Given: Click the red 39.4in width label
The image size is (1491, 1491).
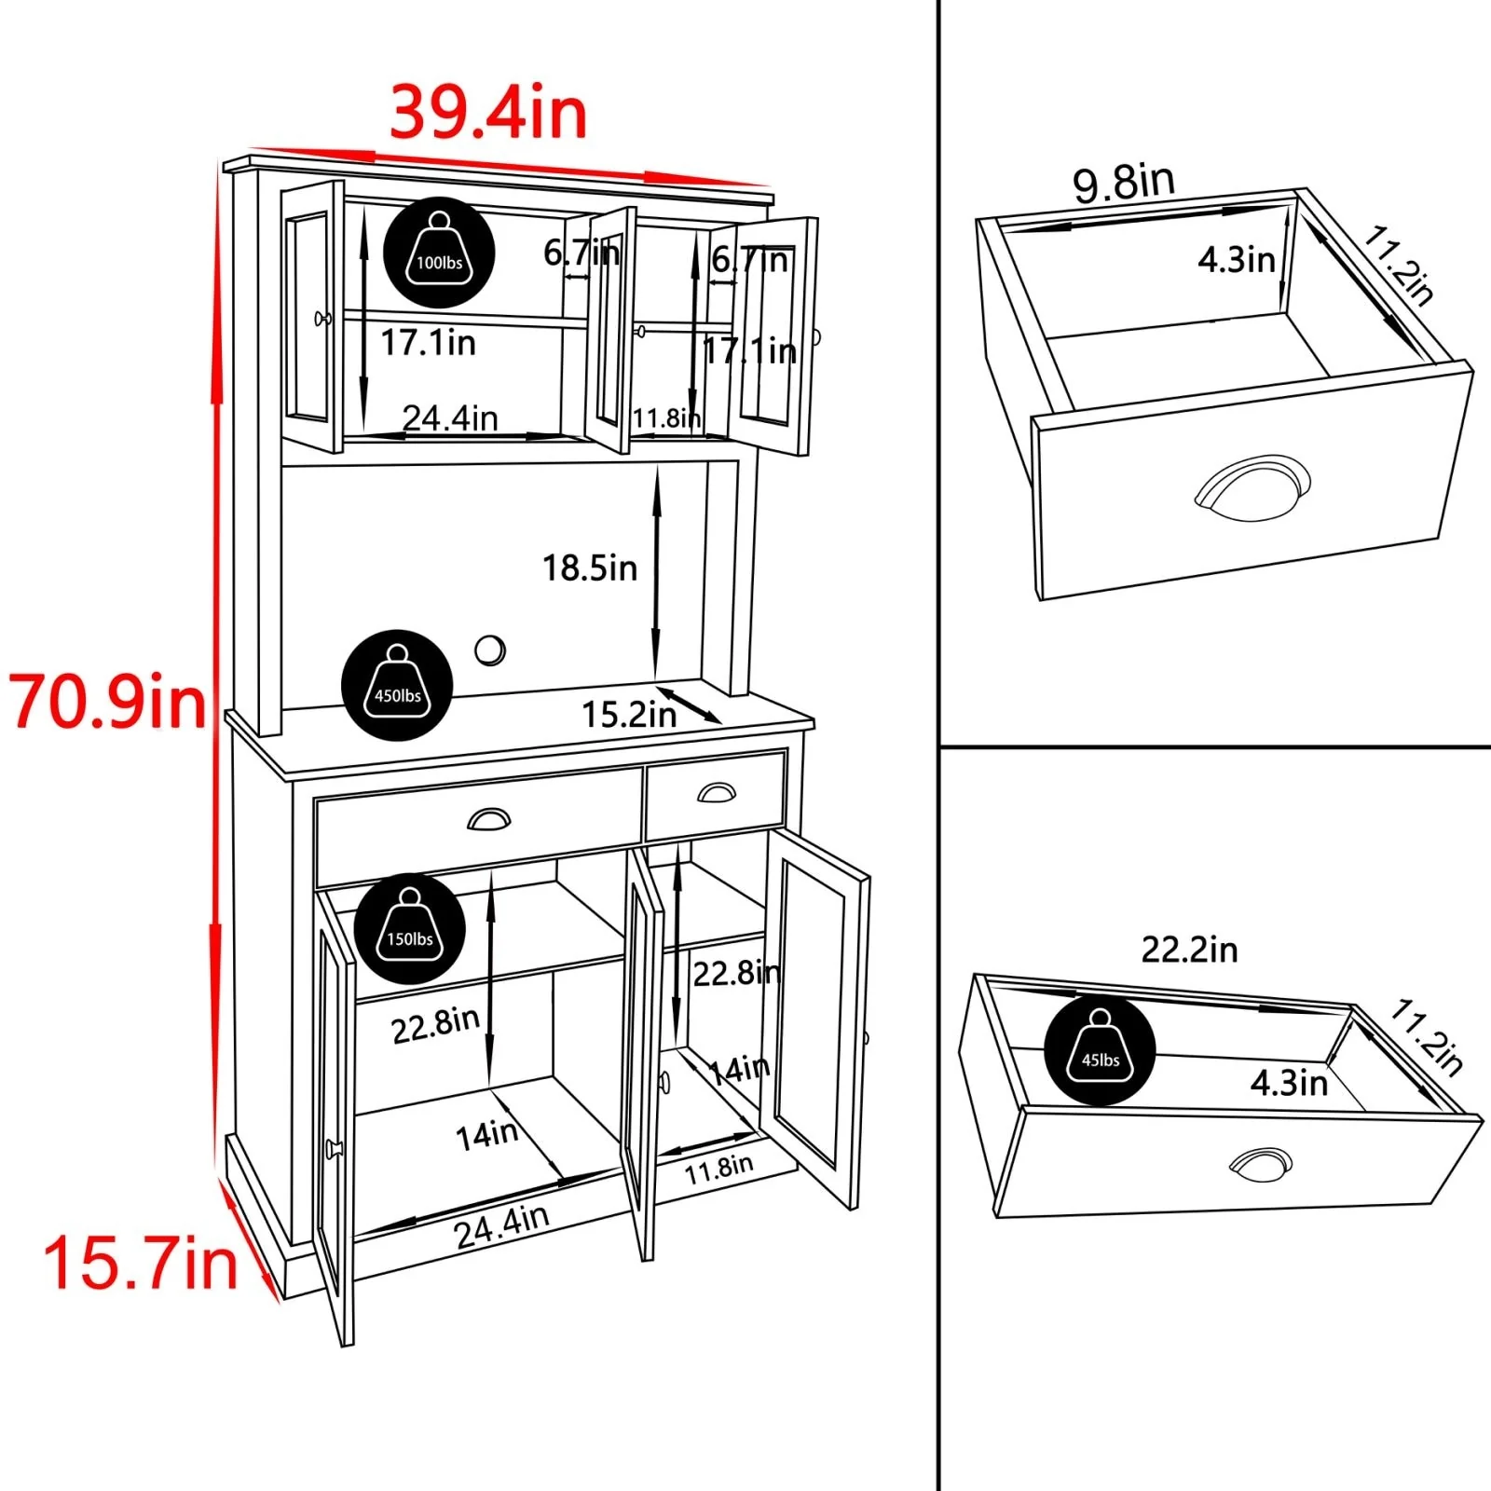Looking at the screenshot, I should click(x=488, y=114).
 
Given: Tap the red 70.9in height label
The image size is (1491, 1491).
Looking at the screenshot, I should click(x=108, y=702).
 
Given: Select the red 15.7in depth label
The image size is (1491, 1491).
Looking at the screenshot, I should click(x=141, y=1264).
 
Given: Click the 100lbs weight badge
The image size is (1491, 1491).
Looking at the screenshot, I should click(x=439, y=253).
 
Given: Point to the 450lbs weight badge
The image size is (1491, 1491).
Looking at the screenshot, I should click(x=397, y=686).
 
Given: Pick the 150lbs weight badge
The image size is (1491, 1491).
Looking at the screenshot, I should click(x=410, y=929).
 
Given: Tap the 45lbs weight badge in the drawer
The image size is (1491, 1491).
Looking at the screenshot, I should click(x=1100, y=1050).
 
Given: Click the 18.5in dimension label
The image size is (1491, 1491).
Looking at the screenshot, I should click(x=590, y=568).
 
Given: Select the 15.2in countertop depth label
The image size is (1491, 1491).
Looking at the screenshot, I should click(x=629, y=715).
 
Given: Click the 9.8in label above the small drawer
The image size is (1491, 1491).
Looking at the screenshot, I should click(x=1124, y=183).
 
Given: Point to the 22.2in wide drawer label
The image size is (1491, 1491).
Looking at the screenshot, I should click(x=1189, y=950).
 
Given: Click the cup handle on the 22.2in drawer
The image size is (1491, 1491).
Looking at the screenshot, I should click(x=1261, y=1164).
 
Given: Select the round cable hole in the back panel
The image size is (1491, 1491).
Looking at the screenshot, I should click(x=490, y=650).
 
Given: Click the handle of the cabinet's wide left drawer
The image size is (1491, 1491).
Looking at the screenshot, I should click(x=488, y=819).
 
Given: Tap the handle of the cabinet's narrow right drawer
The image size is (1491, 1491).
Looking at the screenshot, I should click(x=716, y=792).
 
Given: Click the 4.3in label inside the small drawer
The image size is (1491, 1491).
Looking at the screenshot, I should click(x=1237, y=260).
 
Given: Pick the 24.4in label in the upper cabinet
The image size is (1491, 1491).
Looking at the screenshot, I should click(x=450, y=417).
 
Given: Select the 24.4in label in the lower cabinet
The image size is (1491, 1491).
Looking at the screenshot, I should click(x=501, y=1224).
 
